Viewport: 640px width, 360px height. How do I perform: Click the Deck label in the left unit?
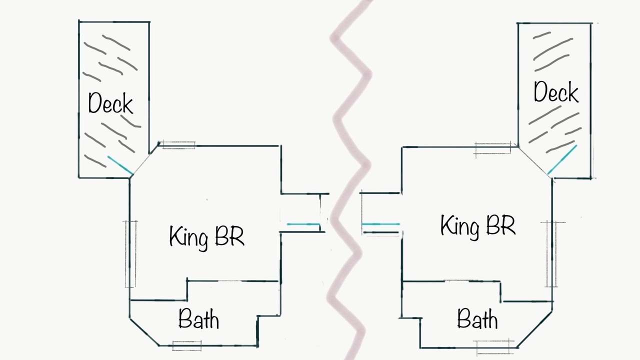click(x=110, y=103)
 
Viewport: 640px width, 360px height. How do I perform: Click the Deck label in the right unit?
click(x=556, y=91)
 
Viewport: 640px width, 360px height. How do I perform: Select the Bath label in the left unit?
click(x=199, y=318)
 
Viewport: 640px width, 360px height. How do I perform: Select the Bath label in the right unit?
click(x=477, y=318)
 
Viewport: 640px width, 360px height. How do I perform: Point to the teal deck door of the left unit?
click(x=120, y=165)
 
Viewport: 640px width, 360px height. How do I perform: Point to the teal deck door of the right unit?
click(x=562, y=159)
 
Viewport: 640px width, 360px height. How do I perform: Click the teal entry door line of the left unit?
click(x=303, y=224)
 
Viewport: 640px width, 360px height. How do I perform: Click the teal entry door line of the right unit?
click(x=380, y=224)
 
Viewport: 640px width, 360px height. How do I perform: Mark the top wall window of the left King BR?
click(x=177, y=145)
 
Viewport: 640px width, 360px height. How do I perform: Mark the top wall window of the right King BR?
click(x=492, y=148)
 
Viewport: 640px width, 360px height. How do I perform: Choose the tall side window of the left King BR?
click(x=130, y=254)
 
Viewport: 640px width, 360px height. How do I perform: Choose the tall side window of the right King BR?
click(x=552, y=254)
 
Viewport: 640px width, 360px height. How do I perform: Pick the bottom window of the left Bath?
click(x=187, y=345)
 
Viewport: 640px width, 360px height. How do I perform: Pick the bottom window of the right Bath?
click(x=493, y=346)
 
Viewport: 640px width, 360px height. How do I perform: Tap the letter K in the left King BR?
click(x=175, y=235)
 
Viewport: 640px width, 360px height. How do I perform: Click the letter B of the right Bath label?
click(x=463, y=318)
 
